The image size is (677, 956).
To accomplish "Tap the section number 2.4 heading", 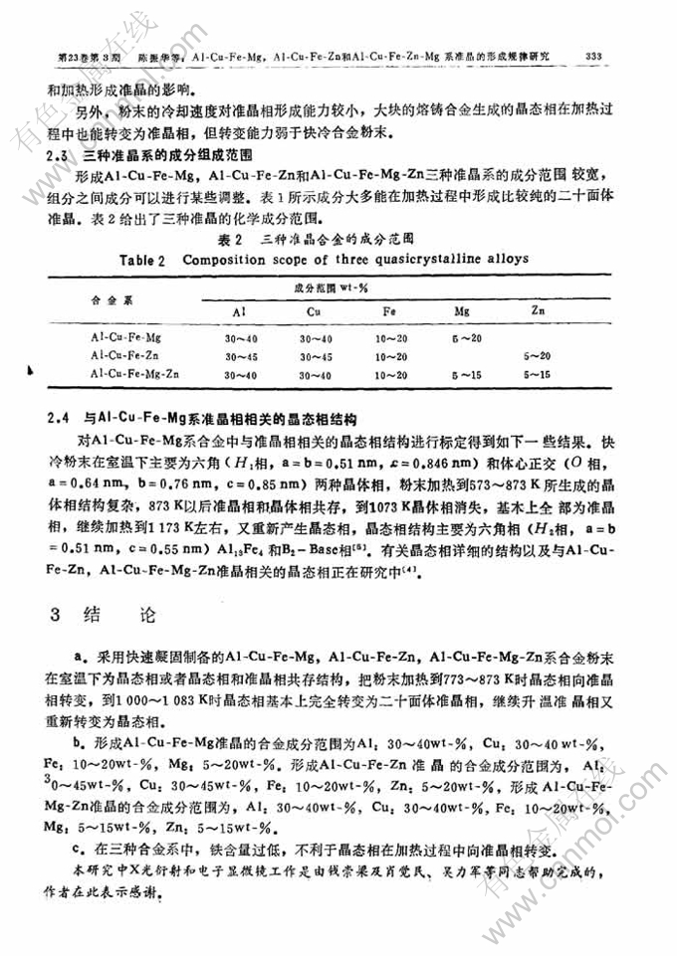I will click(x=59, y=417).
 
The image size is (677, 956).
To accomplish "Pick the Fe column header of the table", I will click(x=388, y=312).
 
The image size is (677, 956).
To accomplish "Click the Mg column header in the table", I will click(x=462, y=312).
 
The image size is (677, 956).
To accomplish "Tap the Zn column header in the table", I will click(x=538, y=312).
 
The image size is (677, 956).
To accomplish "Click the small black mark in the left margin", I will click(x=31, y=369).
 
